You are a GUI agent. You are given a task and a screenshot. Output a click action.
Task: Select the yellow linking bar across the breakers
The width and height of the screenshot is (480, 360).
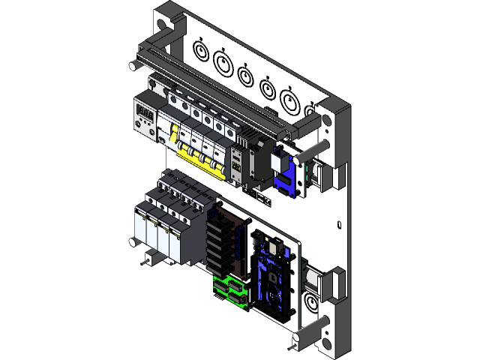[201, 159]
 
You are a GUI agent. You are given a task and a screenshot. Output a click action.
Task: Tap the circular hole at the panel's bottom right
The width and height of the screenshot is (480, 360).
[309, 304]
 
